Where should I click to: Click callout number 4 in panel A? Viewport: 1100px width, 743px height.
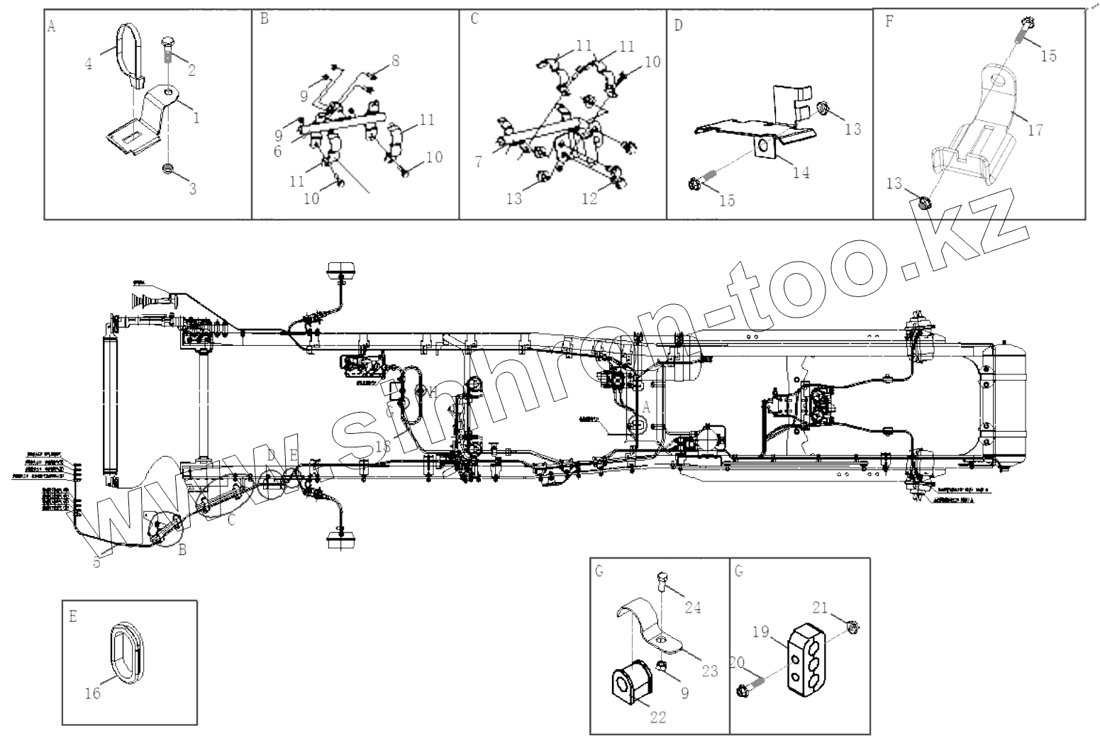tap(88, 64)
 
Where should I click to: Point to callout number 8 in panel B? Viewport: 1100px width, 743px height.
tap(395, 62)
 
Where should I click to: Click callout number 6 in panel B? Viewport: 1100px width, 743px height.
tap(277, 151)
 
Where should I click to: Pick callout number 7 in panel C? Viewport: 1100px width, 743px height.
tap(479, 163)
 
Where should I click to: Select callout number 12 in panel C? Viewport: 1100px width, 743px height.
tap(590, 200)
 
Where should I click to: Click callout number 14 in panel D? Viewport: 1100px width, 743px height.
tap(801, 172)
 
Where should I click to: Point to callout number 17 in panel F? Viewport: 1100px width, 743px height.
tap(1035, 130)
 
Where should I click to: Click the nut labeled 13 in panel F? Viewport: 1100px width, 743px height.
tap(924, 203)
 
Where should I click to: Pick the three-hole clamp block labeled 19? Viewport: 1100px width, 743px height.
tap(806, 657)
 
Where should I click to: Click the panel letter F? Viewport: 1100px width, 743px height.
tap(889, 21)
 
